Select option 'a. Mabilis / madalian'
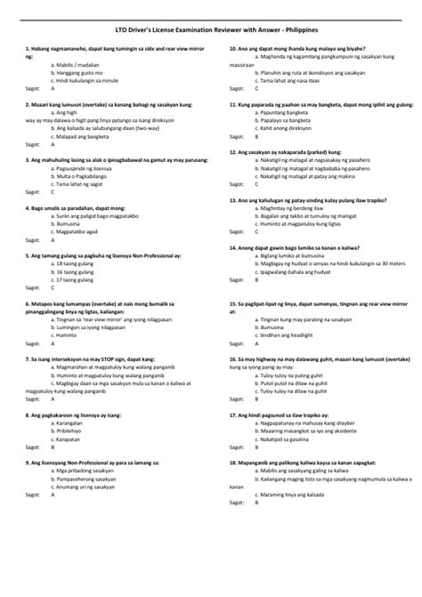[x=76, y=64]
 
